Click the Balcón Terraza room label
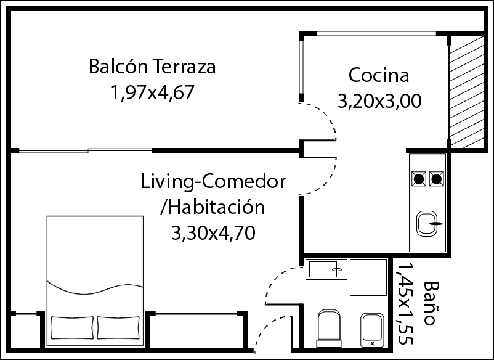[x=152, y=66]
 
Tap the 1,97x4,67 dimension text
[x=153, y=92]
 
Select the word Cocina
[x=379, y=75]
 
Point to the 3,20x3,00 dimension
[x=379, y=102]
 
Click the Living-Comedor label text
[x=213, y=182]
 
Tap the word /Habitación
[x=213, y=207]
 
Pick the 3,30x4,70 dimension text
[x=213, y=234]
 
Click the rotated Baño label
[x=429, y=303]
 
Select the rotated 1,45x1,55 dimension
[x=405, y=303]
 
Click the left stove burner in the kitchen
[x=419, y=179]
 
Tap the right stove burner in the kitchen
[x=436, y=179]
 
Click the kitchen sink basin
[x=427, y=224]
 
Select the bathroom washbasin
[x=326, y=269]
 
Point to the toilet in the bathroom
[x=329, y=328]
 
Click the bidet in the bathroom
[x=372, y=330]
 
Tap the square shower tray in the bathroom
[x=368, y=277]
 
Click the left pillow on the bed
[x=72, y=328]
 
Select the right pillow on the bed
[x=118, y=328]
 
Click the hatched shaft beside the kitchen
[x=466, y=91]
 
